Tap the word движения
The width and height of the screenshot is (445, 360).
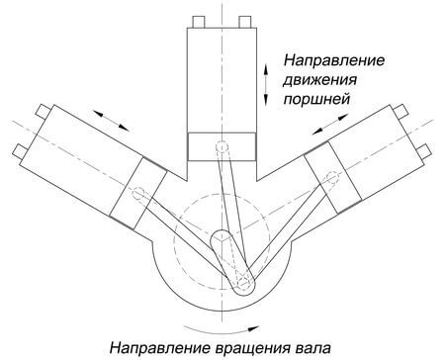(320, 80)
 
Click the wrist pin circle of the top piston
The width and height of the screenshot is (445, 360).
(223, 148)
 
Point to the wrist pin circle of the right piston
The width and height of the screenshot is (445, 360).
(326, 174)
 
